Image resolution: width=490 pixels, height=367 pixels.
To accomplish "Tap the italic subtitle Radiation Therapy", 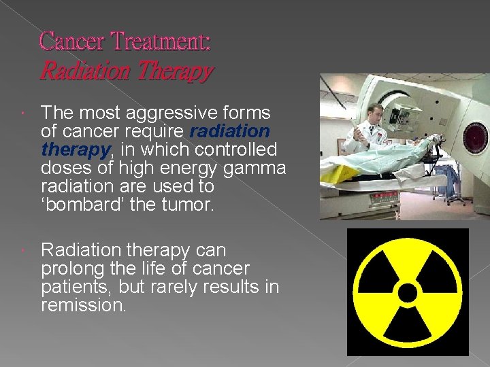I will [127, 71].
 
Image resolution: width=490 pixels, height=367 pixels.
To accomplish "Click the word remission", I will [83, 306].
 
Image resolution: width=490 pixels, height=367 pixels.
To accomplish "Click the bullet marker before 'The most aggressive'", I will [24, 113].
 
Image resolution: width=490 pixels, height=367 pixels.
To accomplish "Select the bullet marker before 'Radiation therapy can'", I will [24, 251].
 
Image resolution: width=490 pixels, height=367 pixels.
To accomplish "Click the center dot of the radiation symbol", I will [408, 293].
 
